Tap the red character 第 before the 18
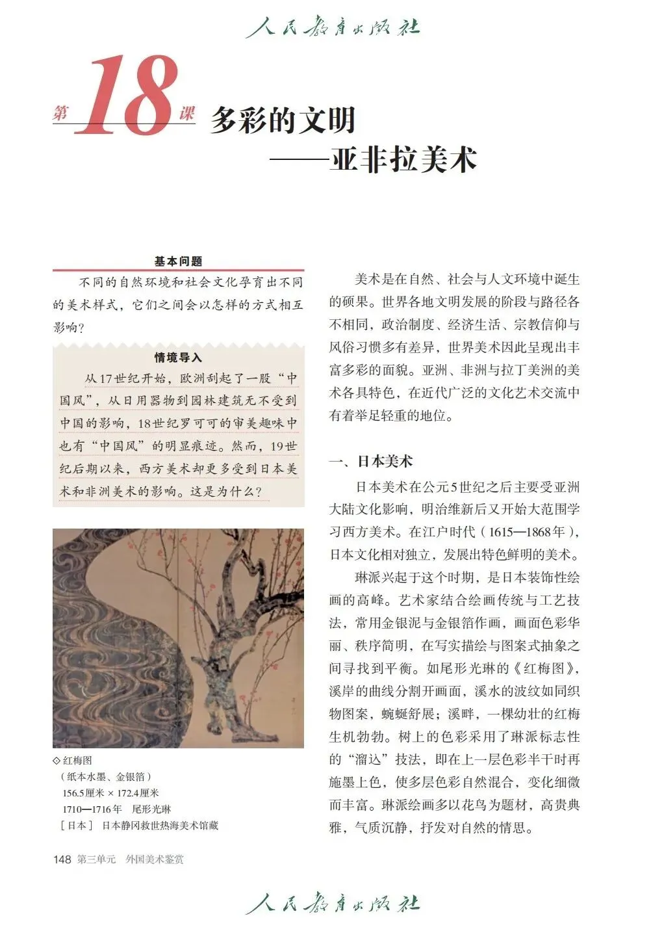coord(60,114)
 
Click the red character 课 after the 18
coord(187,114)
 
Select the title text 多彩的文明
coord(283,120)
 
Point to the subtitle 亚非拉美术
coord(403,159)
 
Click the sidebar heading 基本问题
coord(178,261)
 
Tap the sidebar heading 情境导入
coord(178,358)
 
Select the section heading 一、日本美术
coord(371,462)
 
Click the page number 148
coord(62,859)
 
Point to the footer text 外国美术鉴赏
coord(155,859)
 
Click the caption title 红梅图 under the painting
coord(77,760)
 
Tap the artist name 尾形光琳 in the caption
coord(151,809)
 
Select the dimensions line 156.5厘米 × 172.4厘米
coord(110,793)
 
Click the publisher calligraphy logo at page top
coord(332,27)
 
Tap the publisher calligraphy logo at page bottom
coord(332,904)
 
